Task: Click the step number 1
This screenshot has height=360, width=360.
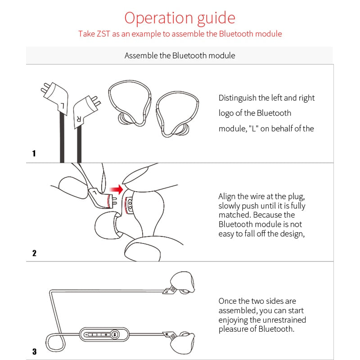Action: (34, 153)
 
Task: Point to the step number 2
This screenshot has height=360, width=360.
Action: (34, 253)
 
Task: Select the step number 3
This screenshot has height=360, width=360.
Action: (34, 351)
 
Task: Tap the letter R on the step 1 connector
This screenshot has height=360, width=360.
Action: (79, 119)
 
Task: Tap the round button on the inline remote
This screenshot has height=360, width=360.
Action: (115, 334)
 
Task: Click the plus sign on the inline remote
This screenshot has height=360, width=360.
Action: (106, 335)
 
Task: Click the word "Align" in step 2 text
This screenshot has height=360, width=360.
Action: (228, 196)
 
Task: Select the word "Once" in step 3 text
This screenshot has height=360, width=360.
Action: (228, 301)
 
